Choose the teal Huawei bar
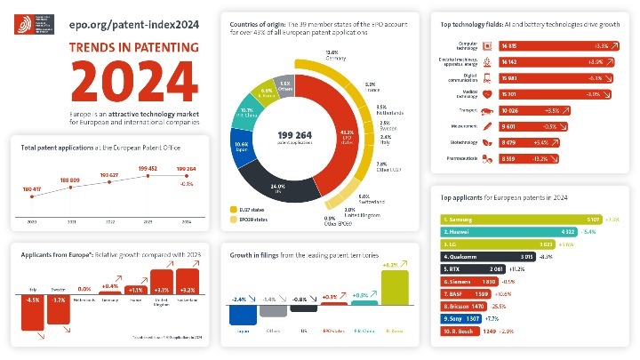tap(508, 231)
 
